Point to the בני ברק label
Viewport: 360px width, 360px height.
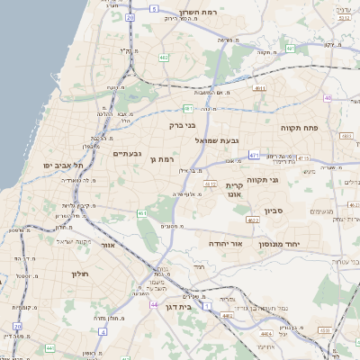point(183,125)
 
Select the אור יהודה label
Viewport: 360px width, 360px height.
point(220,243)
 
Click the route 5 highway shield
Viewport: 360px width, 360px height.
point(154,8)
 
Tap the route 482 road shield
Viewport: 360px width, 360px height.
point(163,58)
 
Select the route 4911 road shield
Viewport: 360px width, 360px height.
point(259,88)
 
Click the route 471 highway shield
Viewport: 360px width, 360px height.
point(254,156)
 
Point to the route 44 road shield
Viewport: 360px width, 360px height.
point(154,304)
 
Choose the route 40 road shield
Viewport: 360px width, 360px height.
point(328,97)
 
